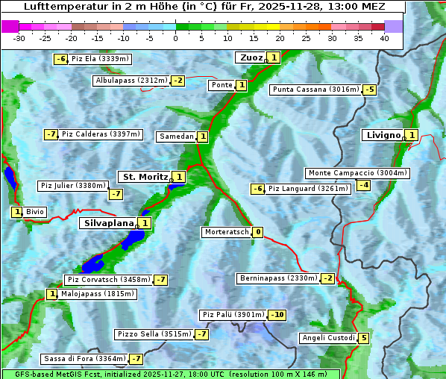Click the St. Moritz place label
(145, 177)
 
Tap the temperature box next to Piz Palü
(277, 315)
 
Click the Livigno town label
(383, 135)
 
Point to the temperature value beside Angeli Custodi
(363, 338)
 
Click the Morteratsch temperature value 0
(258, 232)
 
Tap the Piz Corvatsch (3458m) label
(108, 280)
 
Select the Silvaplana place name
(109, 222)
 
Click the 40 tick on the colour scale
(384, 37)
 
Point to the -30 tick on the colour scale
(19, 37)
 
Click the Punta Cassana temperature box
(369, 90)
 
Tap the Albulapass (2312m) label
(131, 81)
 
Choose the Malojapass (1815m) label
(97, 294)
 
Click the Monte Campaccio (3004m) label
(357, 173)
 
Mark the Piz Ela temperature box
(61, 59)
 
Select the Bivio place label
(34, 212)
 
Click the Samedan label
(176, 137)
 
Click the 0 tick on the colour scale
(176, 37)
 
